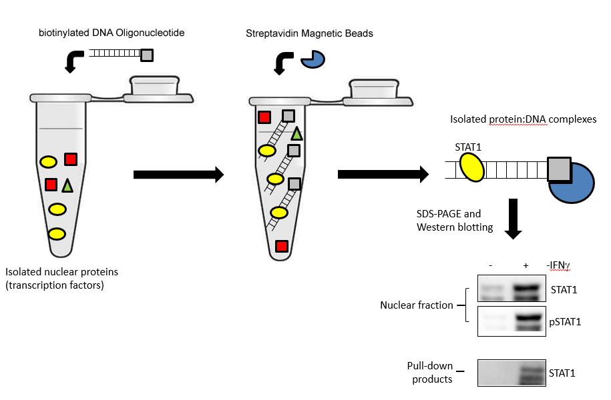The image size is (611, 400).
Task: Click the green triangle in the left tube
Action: pos(67,186)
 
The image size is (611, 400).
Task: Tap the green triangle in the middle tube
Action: pos(296,133)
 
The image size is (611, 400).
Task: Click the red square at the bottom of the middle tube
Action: pos(282,245)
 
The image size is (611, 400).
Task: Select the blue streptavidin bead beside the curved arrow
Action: pos(313,60)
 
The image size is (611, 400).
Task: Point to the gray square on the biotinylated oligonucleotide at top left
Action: pos(147,55)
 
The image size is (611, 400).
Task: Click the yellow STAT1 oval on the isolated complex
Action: pos(469,167)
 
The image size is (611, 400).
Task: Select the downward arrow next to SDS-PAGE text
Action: pos(514,219)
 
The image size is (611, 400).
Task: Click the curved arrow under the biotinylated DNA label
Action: pos(70,63)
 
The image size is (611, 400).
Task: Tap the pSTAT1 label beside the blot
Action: pos(564,322)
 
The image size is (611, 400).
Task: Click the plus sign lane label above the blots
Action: pos(526,265)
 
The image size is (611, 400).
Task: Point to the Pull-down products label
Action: pos(430,373)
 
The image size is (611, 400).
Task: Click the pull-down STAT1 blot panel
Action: pos(512,373)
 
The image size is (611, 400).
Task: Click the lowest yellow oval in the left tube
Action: pos(57,234)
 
